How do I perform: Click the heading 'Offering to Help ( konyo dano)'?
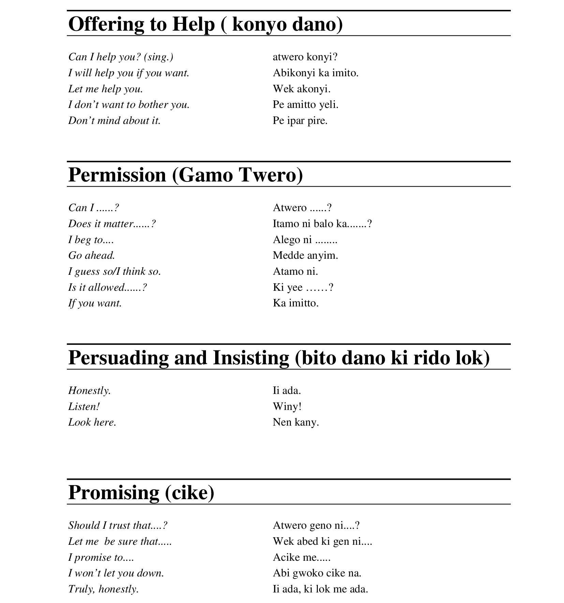205,24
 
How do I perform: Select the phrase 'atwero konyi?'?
305,57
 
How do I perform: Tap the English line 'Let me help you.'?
105,89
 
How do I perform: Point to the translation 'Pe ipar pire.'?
300,121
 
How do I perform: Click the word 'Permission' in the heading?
117,175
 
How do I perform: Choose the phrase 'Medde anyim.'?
305,255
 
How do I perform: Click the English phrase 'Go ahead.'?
92,255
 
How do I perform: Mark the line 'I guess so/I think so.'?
114,271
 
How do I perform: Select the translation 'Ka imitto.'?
296,303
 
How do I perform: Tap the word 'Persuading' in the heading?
118,358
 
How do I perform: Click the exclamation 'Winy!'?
287,407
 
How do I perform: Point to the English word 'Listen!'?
84,407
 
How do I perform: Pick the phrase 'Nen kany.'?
296,423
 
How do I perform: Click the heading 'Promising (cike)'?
141,493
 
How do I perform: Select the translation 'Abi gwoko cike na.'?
317,573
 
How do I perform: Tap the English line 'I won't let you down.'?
116,573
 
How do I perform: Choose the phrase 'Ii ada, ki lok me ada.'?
320,589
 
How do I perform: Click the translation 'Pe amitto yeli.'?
306,105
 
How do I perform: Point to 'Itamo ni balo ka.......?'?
322,224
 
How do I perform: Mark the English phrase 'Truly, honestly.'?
103,589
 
